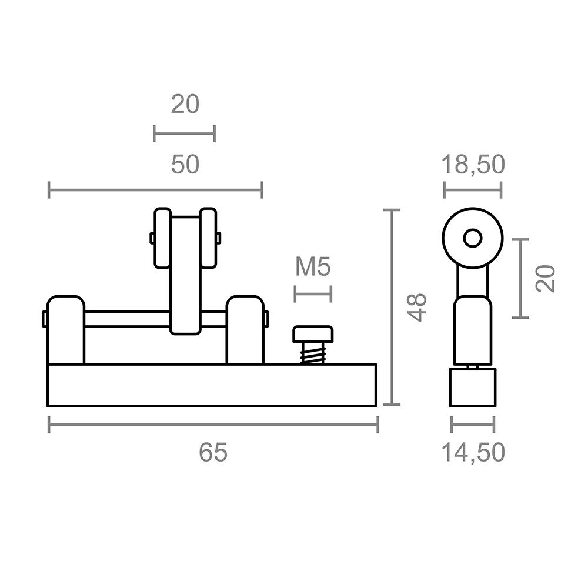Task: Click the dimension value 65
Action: click(x=212, y=453)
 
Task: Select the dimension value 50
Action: click(x=185, y=165)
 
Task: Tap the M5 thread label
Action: click(x=313, y=267)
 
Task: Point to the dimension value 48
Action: click(x=417, y=306)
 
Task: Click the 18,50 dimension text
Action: click(x=474, y=165)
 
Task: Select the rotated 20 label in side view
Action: click(x=546, y=278)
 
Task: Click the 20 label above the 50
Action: click(x=185, y=104)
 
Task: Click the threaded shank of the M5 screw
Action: click(x=312, y=354)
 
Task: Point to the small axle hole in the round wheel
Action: click(x=472, y=239)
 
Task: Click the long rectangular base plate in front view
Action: click(x=212, y=385)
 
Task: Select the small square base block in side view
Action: click(x=473, y=387)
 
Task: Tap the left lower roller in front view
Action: click(x=65, y=329)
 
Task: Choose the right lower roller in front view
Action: click(x=244, y=329)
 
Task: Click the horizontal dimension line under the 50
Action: click(x=155, y=190)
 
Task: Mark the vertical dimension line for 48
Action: click(x=392, y=306)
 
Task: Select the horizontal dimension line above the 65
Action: click(x=213, y=424)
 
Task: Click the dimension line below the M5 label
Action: click(x=313, y=293)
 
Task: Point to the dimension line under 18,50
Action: click(x=473, y=190)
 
